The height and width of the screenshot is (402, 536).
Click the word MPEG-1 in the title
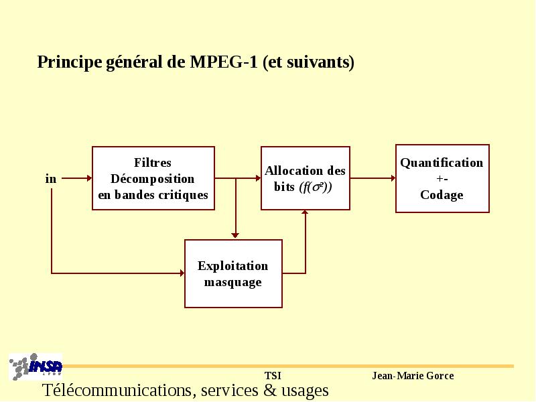pos(224,62)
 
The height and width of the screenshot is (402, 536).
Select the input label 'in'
pos(51,178)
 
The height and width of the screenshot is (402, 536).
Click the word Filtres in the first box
pos(153,162)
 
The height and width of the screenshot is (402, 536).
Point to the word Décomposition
pos(153,179)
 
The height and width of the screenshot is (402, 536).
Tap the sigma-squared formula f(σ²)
pos(316,187)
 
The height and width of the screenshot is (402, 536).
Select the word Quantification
pos(442,163)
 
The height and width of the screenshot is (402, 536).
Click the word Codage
pos(442,195)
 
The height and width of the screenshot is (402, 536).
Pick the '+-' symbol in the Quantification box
pos(442,179)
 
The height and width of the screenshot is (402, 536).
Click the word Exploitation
pos(232,266)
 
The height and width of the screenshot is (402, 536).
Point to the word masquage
pos(232,282)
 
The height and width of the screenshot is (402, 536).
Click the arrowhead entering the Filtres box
pos(90,178)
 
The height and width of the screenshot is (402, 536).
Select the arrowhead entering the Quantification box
pos(393,178)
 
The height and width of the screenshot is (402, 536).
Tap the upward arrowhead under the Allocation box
pos(305,212)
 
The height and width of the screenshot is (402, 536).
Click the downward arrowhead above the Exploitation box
pos(235,235)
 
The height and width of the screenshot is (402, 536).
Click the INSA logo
pos(36,366)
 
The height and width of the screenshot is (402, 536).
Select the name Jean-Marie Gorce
pos(413,376)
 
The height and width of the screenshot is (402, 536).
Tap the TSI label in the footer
pos(273,376)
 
